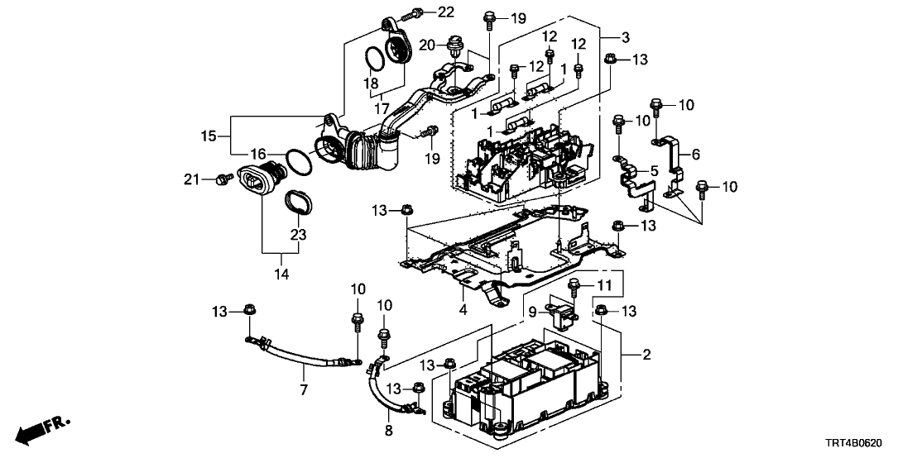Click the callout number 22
tap(446, 12)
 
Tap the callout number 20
tap(427, 45)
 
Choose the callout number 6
tap(695, 155)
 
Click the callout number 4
tap(463, 310)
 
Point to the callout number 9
tap(534, 311)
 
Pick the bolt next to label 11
tap(574, 287)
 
